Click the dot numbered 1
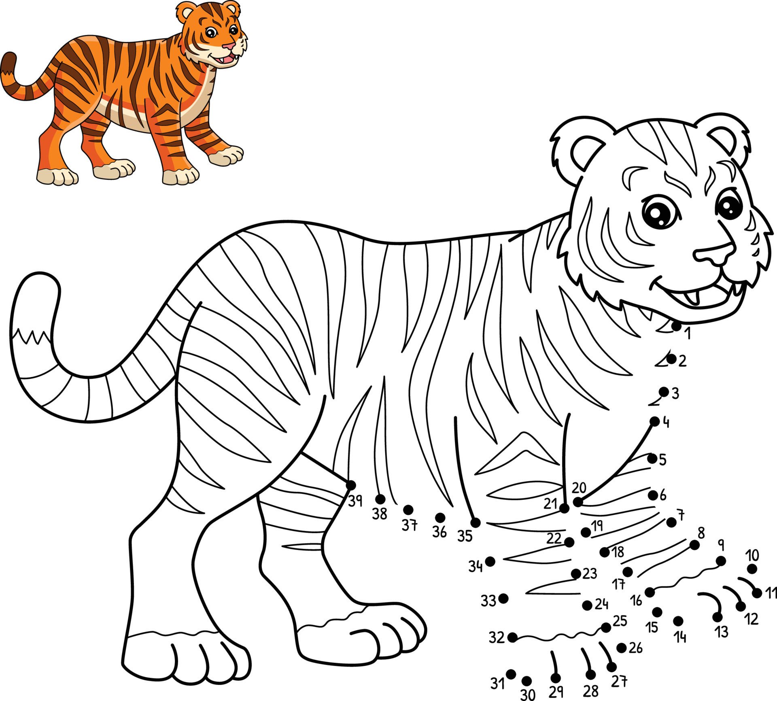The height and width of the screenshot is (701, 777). click(676, 326)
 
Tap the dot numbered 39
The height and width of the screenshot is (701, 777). click(351, 485)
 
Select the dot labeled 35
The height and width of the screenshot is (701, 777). click(476, 523)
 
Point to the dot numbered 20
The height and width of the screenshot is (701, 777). click(578, 502)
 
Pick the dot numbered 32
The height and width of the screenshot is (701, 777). click(512, 637)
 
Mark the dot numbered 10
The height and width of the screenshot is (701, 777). click(752, 569)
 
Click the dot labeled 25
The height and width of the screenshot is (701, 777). click(606, 627)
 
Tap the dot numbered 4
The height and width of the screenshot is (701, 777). click(655, 421)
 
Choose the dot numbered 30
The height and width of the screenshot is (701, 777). click(526, 681)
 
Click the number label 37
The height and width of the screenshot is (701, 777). click(409, 525)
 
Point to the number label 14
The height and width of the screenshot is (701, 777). click(680, 637)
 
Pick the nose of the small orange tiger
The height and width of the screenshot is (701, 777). click(229, 45)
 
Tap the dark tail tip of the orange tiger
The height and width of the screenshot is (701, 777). click(8, 63)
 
